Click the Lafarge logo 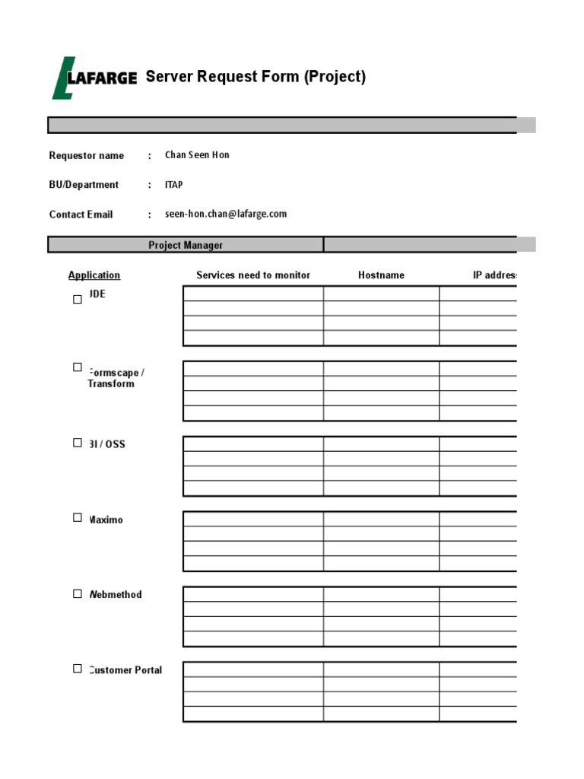(94, 78)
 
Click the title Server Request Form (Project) (255, 77)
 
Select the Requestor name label (86, 155)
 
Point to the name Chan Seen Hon (197, 155)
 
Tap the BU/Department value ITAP (174, 185)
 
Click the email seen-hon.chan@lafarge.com (226, 214)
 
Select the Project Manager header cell (186, 245)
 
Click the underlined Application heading (94, 275)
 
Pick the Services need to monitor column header (253, 275)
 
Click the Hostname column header (381, 275)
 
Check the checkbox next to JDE (78, 299)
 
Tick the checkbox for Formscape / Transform (78, 367)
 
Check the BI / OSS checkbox (78, 442)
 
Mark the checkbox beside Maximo (78, 517)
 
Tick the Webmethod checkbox (78, 593)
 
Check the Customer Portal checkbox (78, 669)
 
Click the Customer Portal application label (125, 670)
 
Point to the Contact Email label (81, 215)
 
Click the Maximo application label (106, 520)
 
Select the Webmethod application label (116, 595)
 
